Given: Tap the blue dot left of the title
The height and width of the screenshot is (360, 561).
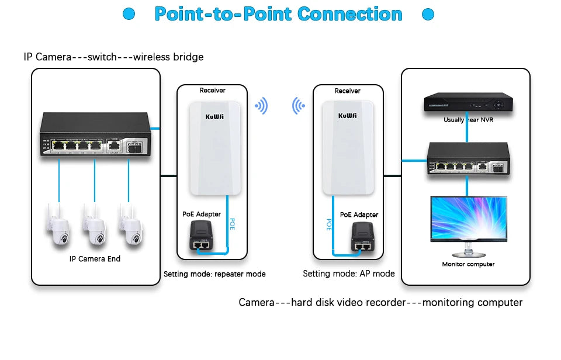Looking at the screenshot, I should tap(129, 14).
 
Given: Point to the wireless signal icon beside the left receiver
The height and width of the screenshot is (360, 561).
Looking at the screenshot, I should tap(261, 106).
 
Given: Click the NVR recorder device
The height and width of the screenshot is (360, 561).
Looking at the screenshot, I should tap(466, 103).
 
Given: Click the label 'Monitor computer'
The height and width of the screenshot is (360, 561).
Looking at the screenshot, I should tap(468, 264).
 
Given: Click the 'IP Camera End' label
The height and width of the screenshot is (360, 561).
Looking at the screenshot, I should tap(95, 258).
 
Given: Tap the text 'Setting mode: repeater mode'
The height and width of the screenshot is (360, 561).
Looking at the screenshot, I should tap(214, 274).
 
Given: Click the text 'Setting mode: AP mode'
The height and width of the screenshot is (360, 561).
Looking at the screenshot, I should tap(349, 274).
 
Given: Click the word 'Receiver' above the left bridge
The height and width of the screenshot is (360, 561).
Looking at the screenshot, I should tap(212, 91).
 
